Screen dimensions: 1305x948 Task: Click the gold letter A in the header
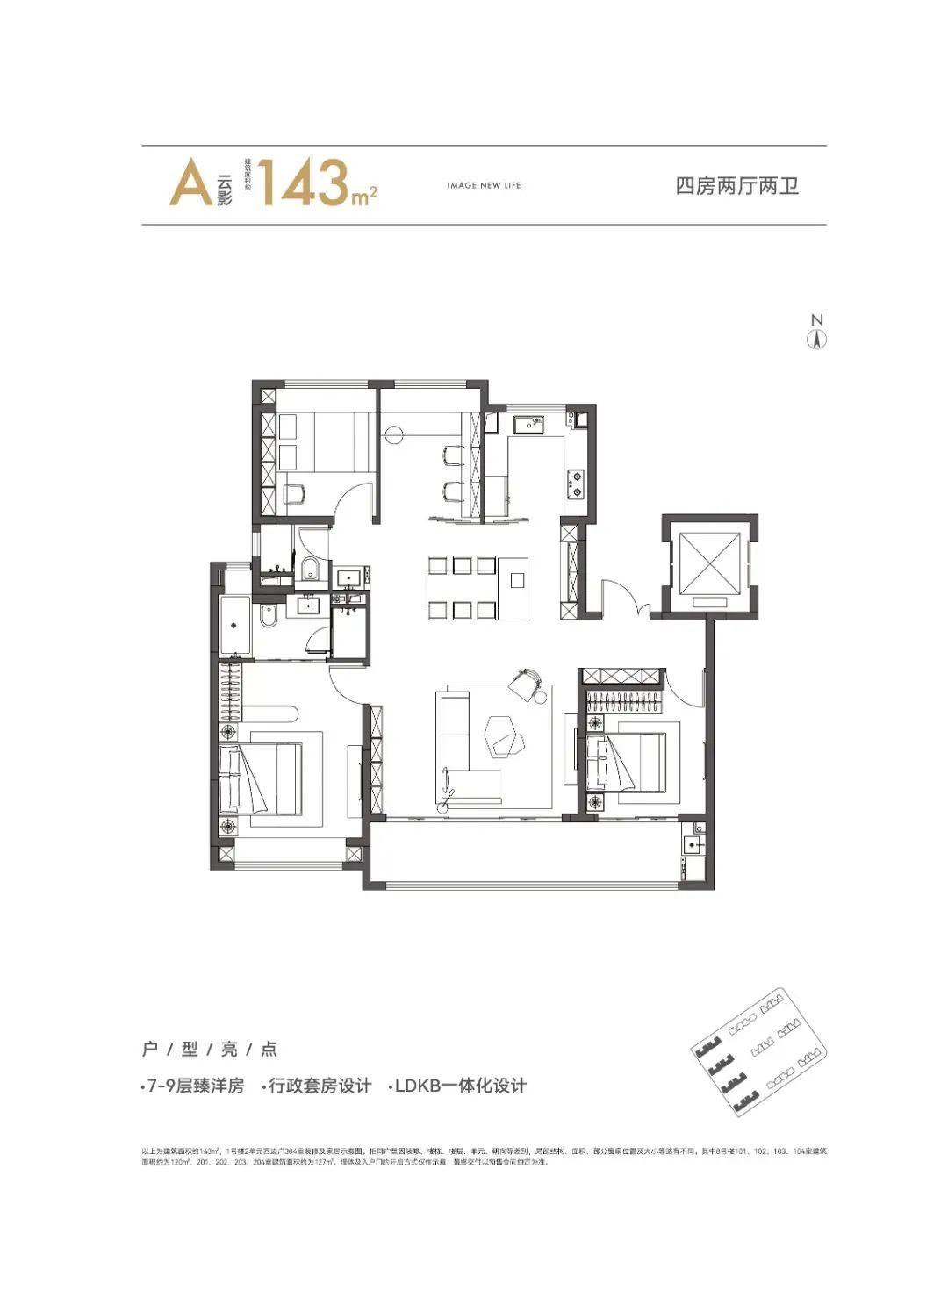pos(190,184)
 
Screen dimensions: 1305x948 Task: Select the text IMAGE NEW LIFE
pos(484,185)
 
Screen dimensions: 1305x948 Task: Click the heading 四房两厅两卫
pos(736,186)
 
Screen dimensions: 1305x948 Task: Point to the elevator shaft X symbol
pos(708,562)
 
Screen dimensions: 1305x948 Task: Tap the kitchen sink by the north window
pos(529,424)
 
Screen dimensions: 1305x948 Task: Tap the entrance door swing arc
pos(625,596)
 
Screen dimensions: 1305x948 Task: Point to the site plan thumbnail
pos(759,1050)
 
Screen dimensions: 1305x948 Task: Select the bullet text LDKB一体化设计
pos(459,1086)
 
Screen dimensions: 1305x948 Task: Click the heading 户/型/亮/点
pos(209,1049)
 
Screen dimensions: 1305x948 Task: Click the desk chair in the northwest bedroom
pos(296,493)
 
